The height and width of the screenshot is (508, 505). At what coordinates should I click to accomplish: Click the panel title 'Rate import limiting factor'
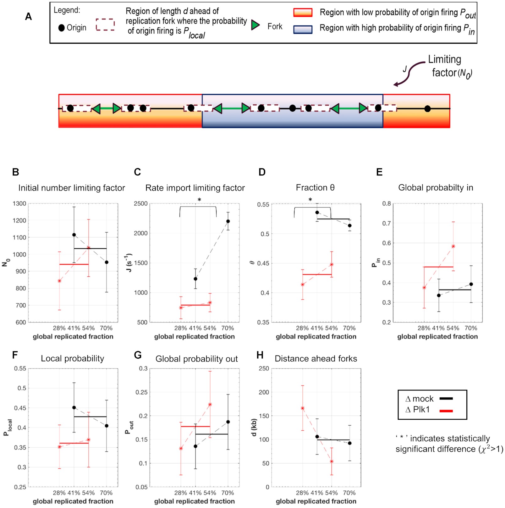pyautogui.click(x=195, y=188)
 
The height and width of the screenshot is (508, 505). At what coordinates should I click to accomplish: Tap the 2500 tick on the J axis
pyautogui.click(x=141, y=204)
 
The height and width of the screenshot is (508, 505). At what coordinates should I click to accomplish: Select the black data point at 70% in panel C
pyautogui.click(x=228, y=221)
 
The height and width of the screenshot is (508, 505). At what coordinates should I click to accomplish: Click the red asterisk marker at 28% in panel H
pyautogui.click(x=303, y=408)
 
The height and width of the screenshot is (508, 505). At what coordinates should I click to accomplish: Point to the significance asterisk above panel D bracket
pyautogui.click(x=310, y=200)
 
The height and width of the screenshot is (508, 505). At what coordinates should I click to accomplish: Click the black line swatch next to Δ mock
pyautogui.click(x=446, y=399)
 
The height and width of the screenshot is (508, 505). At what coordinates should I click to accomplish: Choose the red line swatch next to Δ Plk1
pyautogui.click(x=446, y=411)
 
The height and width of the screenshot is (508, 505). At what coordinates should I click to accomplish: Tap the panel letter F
pyautogui.click(x=14, y=355)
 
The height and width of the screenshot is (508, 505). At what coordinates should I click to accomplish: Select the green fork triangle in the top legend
pyautogui.click(x=255, y=25)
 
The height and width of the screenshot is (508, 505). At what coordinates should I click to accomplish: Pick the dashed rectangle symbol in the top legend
pyautogui.click(x=105, y=25)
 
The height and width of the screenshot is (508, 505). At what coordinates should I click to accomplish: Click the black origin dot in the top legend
pyautogui.click(x=62, y=28)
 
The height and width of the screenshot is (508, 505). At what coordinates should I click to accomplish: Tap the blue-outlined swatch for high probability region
pyautogui.click(x=303, y=30)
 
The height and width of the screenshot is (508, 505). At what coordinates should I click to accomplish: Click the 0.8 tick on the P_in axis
pyautogui.click(x=387, y=204)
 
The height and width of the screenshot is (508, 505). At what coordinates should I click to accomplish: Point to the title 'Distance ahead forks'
pyautogui.click(x=316, y=359)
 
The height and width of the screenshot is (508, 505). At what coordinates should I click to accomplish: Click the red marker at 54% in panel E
pyautogui.click(x=453, y=246)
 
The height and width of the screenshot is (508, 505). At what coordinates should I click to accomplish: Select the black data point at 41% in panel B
pyautogui.click(x=74, y=235)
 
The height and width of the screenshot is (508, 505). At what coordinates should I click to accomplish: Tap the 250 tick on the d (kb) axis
pyautogui.click(x=264, y=368)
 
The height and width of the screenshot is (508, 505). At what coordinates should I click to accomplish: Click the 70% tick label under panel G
pyautogui.click(x=228, y=493)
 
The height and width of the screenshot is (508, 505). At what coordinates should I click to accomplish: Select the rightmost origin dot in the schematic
pyautogui.click(x=427, y=109)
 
